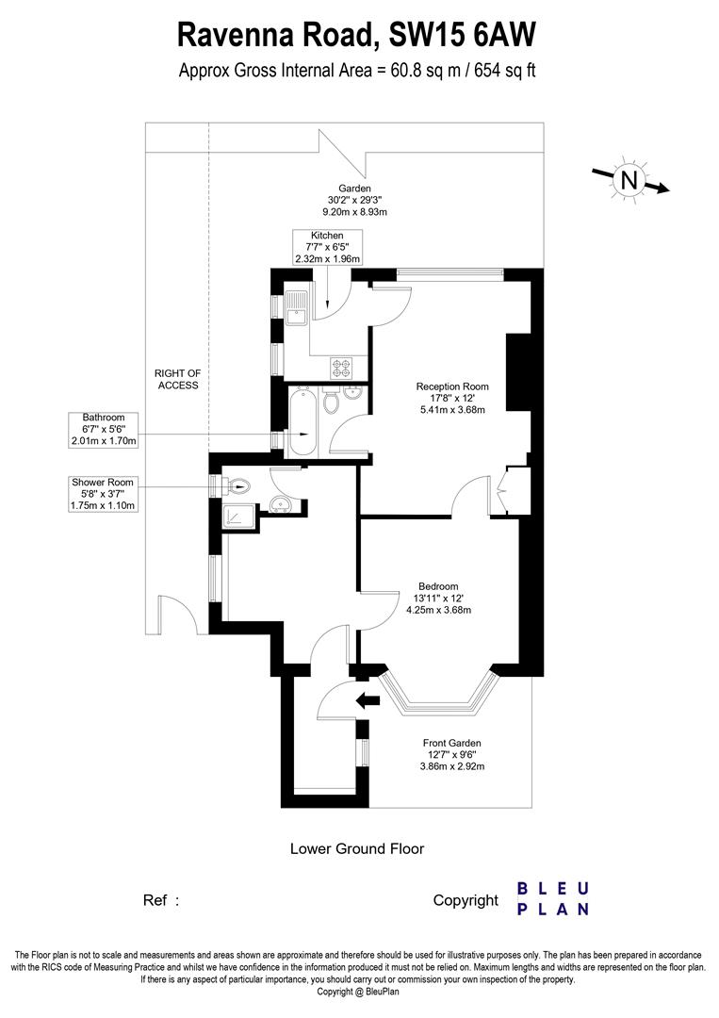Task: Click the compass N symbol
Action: click(629, 179)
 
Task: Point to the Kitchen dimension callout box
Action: click(327, 247)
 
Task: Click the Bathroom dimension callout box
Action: click(104, 429)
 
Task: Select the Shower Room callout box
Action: click(104, 494)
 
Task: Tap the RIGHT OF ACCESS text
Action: click(176, 379)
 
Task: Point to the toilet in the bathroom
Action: click(332, 402)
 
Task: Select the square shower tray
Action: click(237, 516)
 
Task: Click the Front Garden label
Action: click(451, 755)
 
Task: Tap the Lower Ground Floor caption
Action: click(357, 848)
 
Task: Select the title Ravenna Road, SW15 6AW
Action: click(357, 36)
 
